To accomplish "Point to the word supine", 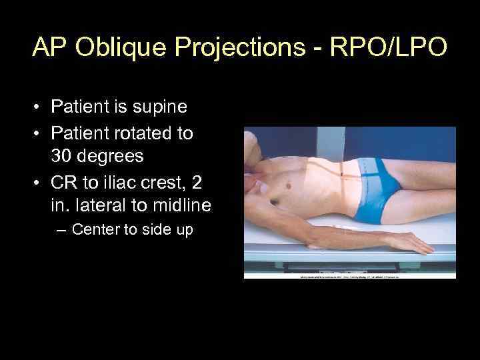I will (x=161, y=106).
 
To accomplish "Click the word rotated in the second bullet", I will (x=141, y=133).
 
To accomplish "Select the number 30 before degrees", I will (x=61, y=157).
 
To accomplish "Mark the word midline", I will (x=179, y=205).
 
